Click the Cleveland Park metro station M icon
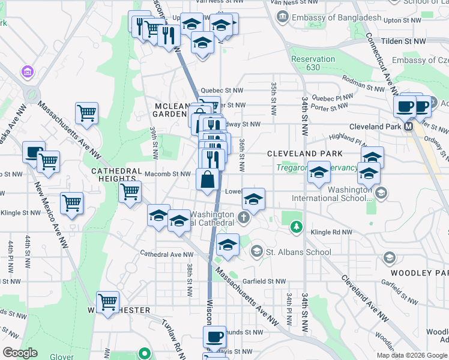409,127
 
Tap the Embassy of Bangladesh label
336,17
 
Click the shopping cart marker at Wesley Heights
108,302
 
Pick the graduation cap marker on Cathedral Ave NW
228,245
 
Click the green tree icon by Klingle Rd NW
295,226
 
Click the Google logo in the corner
20,352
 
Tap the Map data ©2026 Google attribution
411,355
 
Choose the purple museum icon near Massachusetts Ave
27,73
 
